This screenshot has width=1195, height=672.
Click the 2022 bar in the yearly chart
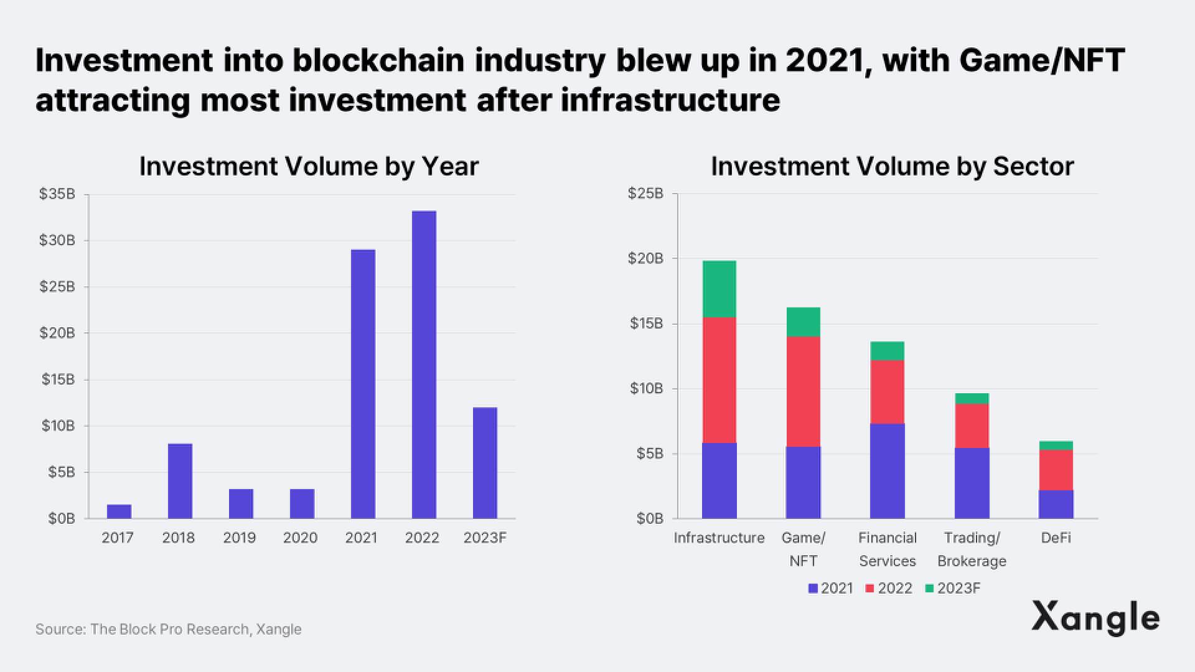point(424,365)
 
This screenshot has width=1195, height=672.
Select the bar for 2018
point(180,481)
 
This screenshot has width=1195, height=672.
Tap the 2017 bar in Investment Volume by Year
point(119,511)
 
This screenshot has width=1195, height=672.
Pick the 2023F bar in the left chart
point(485,463)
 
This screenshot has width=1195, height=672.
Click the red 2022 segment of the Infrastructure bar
point(719,380)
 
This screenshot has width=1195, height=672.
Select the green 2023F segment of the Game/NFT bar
point(803,322)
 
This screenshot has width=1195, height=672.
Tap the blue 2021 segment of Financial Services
point(887,471)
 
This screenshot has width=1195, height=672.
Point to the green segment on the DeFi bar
point(1056,446)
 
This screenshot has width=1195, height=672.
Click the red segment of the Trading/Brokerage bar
point(972,426)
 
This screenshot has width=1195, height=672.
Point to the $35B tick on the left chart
point(57,194)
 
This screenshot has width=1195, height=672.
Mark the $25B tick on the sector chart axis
point(645,194)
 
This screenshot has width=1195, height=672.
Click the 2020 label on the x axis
point(300,538)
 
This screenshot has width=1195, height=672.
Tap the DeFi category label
point(1056,538)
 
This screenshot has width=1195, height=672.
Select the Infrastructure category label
point(719,538)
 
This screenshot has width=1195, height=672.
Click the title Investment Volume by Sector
point(892,167)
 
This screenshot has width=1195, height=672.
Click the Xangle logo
point(1095,617)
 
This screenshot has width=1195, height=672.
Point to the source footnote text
point(168,629)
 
